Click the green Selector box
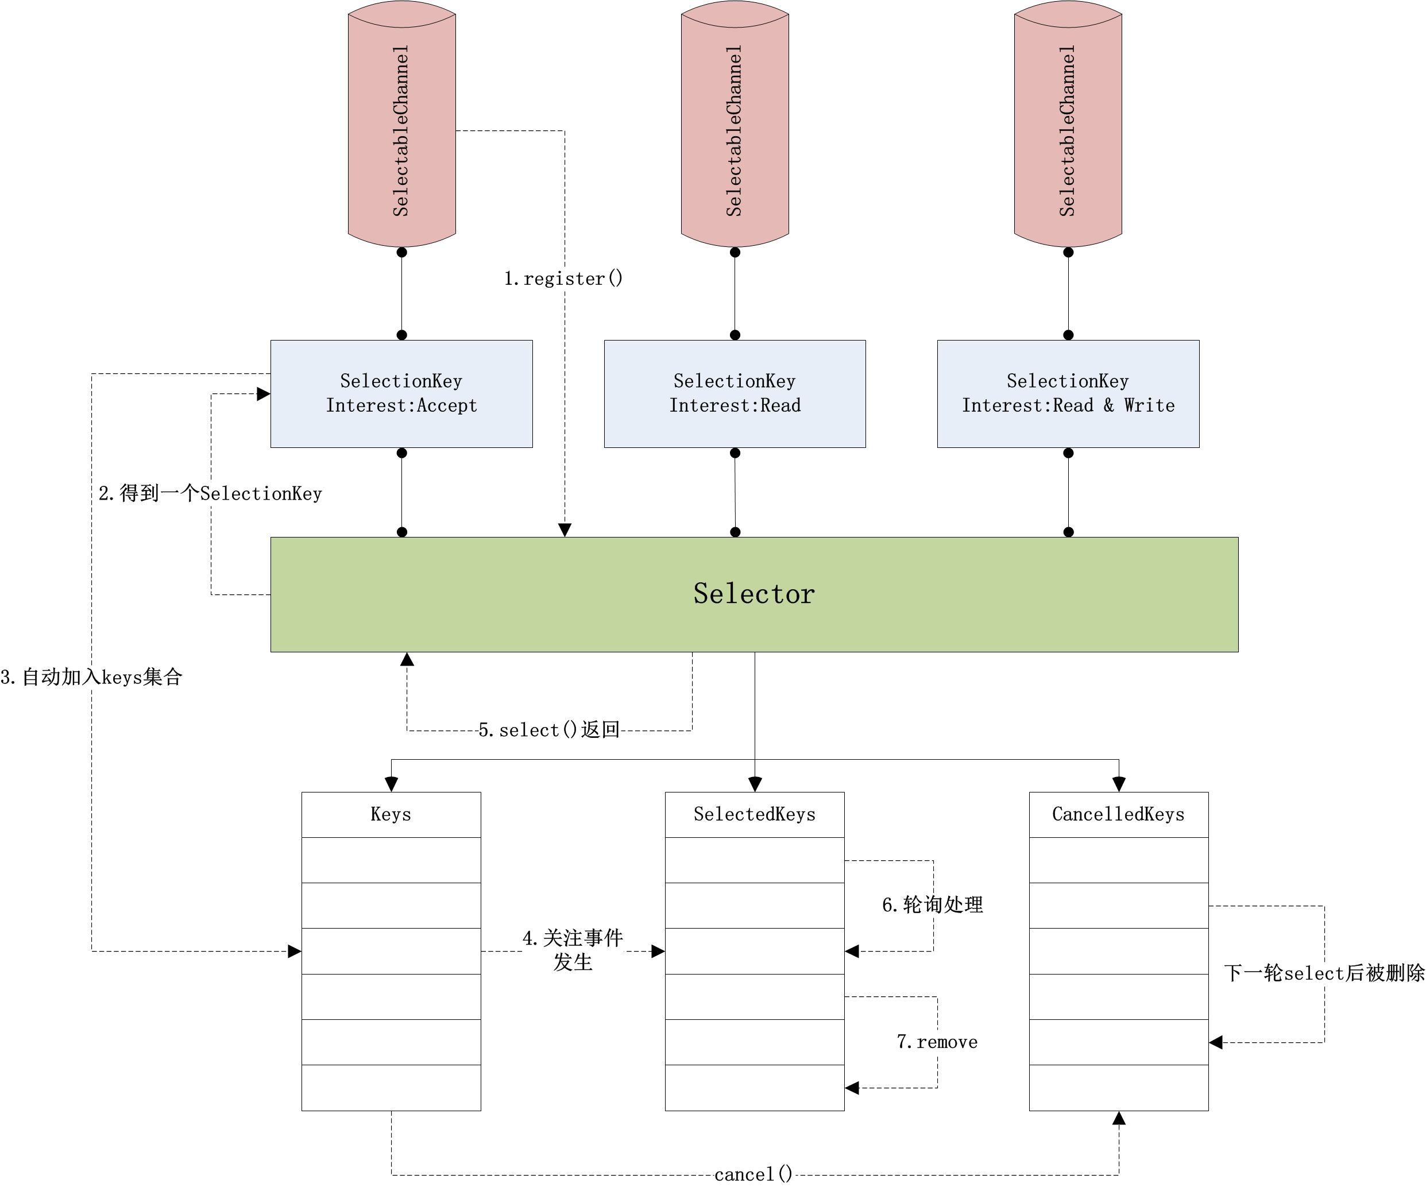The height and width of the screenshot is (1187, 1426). click(x=753, y=594)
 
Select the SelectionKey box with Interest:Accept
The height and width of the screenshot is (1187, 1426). click(x=401, y=393)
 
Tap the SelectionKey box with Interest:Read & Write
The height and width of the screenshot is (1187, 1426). click(x=1068, y=393)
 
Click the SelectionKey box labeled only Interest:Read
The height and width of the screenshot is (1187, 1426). click(x=735, y=393)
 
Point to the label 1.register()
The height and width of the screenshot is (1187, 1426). click(x=563, y=279)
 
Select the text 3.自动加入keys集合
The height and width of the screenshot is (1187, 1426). click(x=92, y=676)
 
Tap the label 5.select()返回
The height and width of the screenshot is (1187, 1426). click(x=548, y=730)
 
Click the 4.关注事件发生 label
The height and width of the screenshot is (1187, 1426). click(x=573, y=949)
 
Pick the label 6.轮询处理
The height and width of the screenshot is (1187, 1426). click(x=932, y=904)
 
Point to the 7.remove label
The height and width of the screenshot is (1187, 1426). click(x=937, y=1042)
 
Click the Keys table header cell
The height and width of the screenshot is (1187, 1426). click(x=391, y=814)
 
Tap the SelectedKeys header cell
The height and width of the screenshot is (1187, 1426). click(x=755, y=814)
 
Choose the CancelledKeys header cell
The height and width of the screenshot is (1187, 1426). click(x=1118, y=814)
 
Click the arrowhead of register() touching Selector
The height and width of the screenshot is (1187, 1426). click(x=565, y=529)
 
